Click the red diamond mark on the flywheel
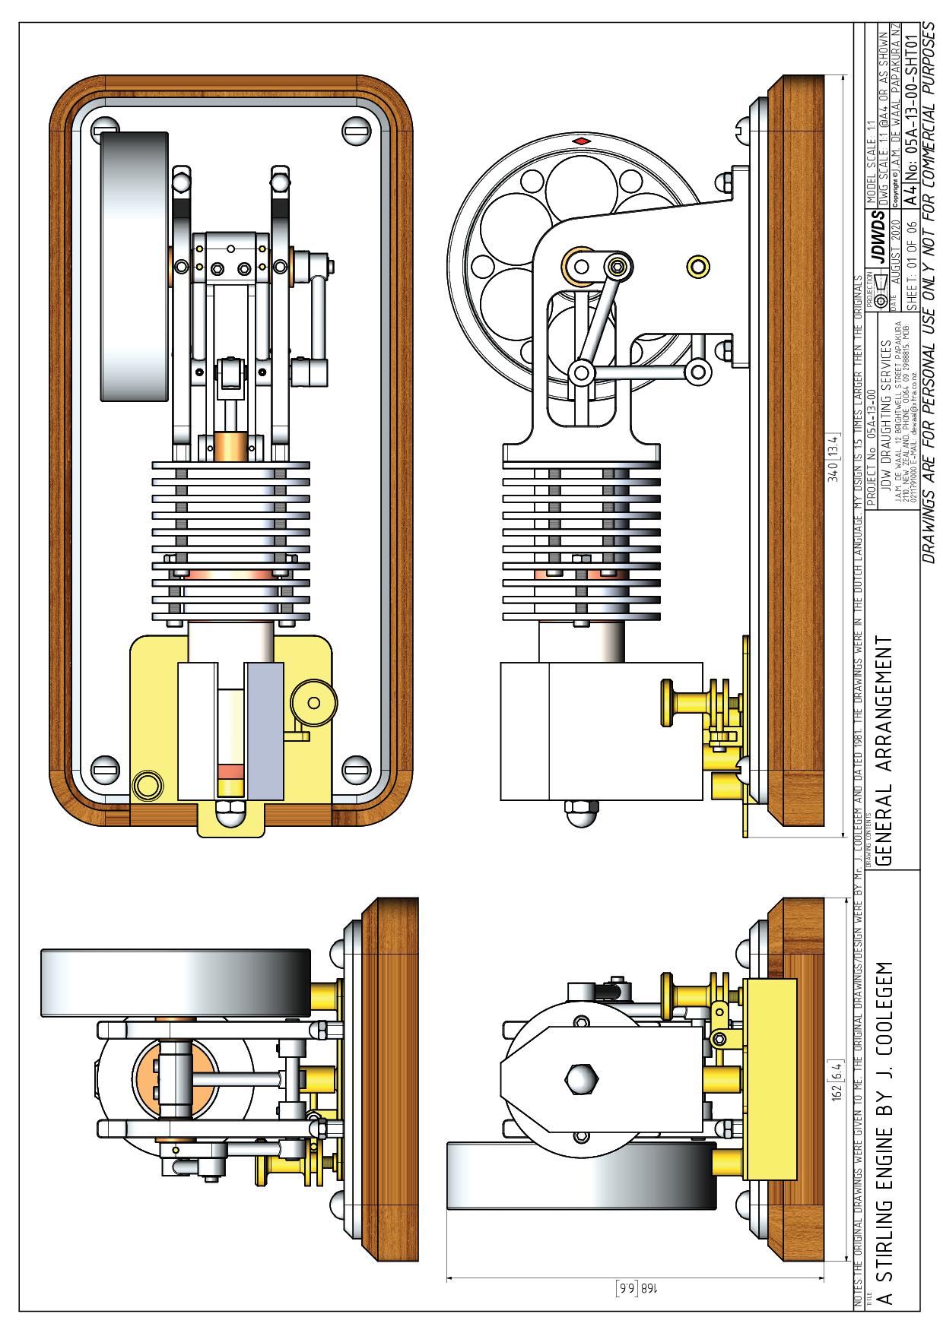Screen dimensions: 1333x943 coord(580,141)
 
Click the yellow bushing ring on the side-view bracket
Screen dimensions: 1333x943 coord(696,264)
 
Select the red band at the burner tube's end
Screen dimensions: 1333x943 coord(229,771)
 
